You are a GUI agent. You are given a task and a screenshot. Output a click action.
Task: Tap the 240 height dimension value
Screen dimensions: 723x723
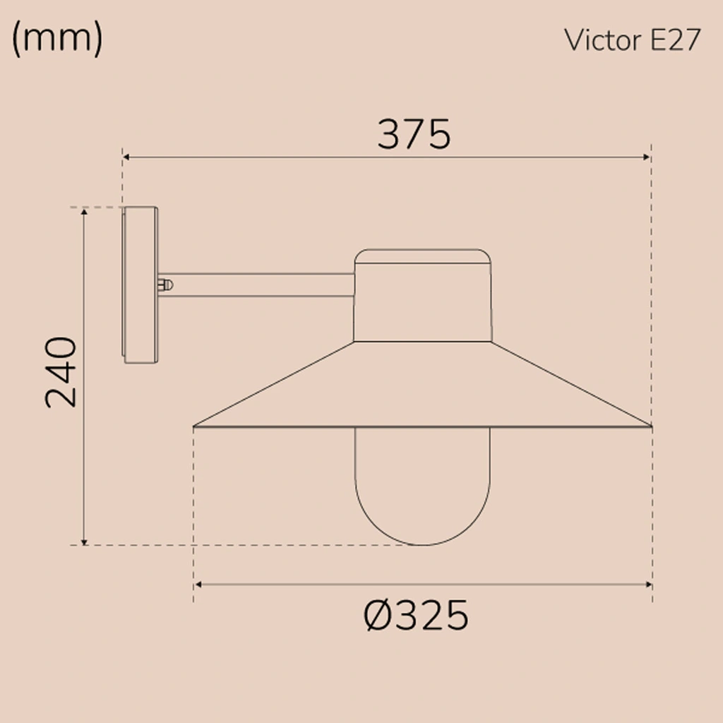(61, 372)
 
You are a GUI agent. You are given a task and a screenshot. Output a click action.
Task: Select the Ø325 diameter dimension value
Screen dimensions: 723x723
(416, 616)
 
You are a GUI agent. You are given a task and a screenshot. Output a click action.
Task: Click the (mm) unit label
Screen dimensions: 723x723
(57, 40)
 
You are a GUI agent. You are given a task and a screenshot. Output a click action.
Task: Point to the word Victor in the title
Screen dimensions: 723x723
(602, 41)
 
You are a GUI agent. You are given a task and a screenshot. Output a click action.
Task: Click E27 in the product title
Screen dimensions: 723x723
(674, 41)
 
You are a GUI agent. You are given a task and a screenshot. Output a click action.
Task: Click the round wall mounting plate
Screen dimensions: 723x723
(140, 285)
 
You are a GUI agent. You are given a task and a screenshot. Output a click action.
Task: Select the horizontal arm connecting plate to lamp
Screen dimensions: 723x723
(261, 285)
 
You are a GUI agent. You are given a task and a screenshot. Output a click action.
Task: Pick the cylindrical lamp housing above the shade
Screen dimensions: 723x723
(422, 304)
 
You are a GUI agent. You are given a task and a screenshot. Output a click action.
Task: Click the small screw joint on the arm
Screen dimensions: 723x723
(166, 285)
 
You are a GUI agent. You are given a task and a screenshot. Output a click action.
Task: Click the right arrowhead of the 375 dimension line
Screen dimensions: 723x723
(646, 157)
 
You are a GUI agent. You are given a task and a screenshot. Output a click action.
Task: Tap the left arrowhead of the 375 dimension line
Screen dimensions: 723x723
(127, 157)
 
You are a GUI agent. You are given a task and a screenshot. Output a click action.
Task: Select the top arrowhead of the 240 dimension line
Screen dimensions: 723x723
(85, 212)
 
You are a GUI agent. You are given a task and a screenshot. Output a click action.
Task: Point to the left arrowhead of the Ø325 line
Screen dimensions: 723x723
(198, 585)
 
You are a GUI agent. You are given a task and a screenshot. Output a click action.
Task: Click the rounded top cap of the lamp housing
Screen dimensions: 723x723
(422, 256)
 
